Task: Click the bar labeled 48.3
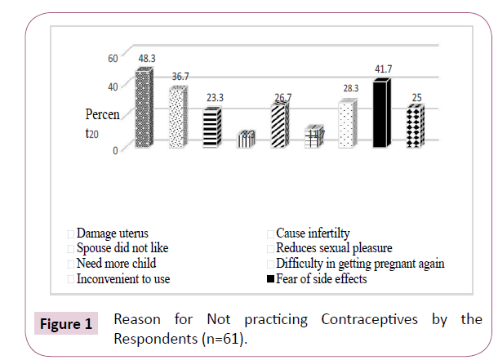tap(144, 109)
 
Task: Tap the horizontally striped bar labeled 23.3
tap(211, 128)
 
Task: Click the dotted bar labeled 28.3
tap(348, 124)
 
